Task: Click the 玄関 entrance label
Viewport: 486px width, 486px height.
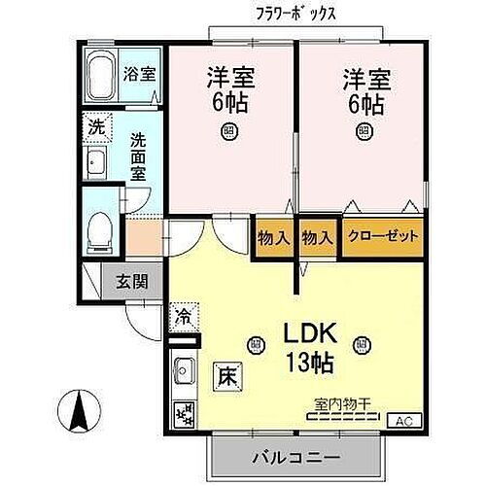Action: click(x=133, y=282)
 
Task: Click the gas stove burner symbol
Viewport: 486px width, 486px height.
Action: click(x=183, y=412)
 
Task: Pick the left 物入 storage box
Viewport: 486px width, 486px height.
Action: click(x=273, y=236)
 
